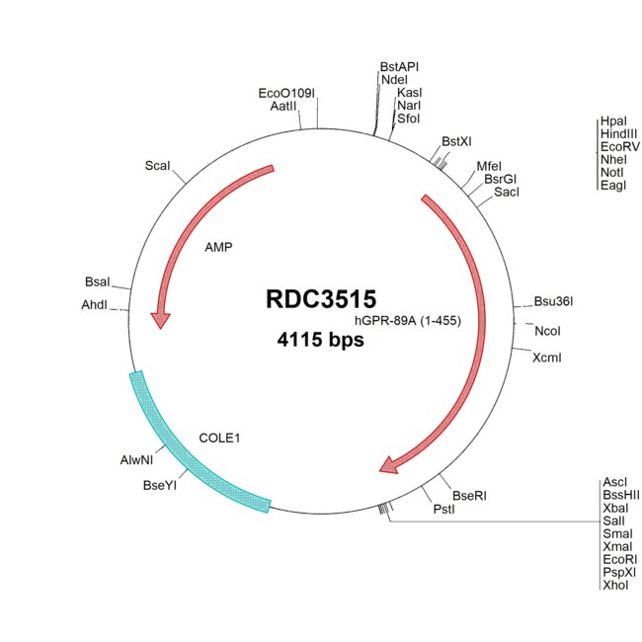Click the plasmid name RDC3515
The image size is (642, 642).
coord(321,299)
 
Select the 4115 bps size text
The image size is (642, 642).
coord(320,342)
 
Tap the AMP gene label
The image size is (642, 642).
coord(218,248)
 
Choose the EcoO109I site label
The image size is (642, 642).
coord(286,94)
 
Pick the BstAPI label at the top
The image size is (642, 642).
coord(399,66)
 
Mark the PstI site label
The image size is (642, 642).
coord(444,510)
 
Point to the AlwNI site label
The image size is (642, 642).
coord(136,460)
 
